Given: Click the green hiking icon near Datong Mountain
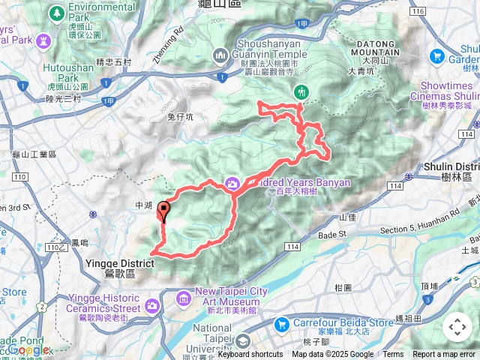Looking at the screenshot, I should tap(302, 92).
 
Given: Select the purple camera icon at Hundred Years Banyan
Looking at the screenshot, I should tap(232, 183).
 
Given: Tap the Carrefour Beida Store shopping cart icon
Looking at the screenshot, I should tap(282, 324).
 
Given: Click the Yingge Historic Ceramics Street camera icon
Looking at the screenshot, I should tap(153, 304).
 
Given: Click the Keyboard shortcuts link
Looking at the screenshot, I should tap(250, 355).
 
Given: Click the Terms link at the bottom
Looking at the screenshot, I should tap(393, 355).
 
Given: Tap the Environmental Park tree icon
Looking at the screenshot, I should tap(57, 13).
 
